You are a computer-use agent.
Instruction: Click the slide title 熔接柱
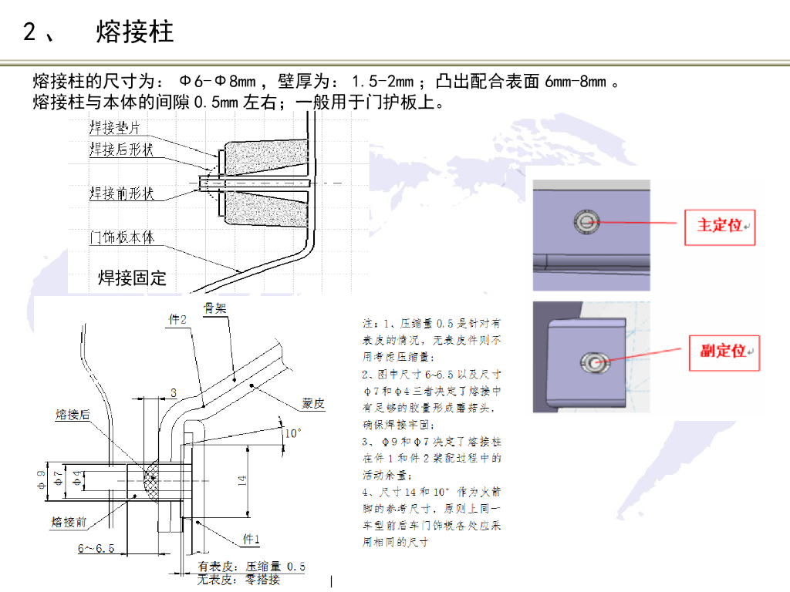(135, 32)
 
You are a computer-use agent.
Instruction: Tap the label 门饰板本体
(121, 237)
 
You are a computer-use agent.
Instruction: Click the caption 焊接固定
(132, 277)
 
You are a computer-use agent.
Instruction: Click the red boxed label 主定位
(721, 225)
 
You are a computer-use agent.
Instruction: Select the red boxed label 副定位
(724, 351)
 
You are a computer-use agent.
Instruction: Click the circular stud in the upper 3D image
(586, 222)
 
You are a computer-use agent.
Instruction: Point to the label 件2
(177, 319)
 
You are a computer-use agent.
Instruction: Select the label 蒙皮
(313, 404)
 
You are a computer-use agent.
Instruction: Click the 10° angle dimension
(292, 433)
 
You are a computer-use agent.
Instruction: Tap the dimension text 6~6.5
(96, 549)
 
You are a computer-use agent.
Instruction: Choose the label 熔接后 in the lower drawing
(72, 415)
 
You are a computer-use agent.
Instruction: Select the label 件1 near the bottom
(252, 538)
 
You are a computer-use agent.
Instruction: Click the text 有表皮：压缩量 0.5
(252, 567)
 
